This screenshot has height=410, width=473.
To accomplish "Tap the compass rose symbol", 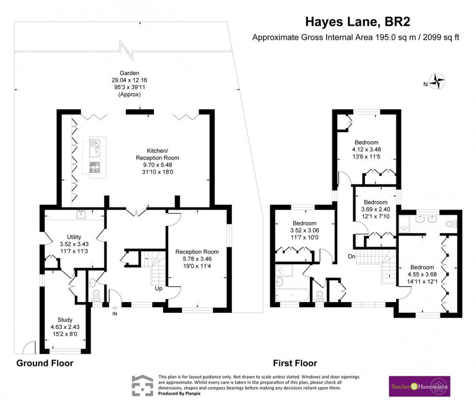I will [438, 82].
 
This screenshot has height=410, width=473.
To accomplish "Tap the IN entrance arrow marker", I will [115, 310].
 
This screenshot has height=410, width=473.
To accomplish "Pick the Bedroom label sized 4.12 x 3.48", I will [366, 142].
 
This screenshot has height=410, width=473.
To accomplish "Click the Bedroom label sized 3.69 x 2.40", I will [376, 202].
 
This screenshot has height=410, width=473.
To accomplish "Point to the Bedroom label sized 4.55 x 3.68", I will [422, 267].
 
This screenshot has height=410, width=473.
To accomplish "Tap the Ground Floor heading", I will [45, 363].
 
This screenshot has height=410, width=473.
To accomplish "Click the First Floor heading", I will [294, 363].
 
